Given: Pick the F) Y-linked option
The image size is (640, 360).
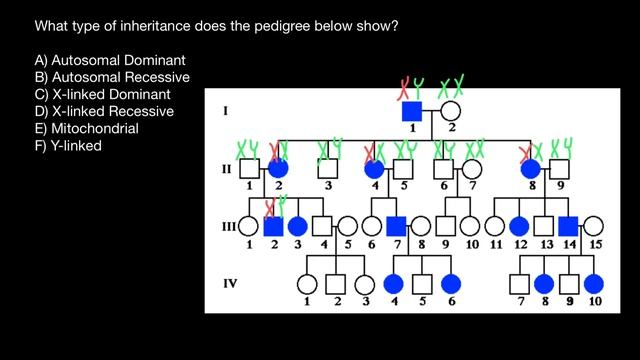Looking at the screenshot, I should pyautogui.click(x=68, y=146).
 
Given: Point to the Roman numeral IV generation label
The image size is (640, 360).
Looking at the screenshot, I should pyautogui.click(x=230, y=282).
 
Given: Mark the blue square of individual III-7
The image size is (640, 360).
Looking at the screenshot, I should pyautogui.click(x=396, y=226).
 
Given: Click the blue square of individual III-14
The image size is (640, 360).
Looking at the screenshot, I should pyautogui.click(x=568, y=226).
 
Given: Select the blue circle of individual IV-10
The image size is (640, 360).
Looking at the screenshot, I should pyautogui.click(x=594, y=283).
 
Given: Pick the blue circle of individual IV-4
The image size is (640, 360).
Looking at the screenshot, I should pyautogui.click(x=393, y=283).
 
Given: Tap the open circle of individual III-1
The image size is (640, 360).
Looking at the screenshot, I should pyautogui.click(x=247, y=226).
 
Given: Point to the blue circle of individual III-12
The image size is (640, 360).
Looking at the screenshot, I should pyautogui.click(x=519, y=226).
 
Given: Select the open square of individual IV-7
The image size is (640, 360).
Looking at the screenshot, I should pyautogui.click(x=519, y=283).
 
